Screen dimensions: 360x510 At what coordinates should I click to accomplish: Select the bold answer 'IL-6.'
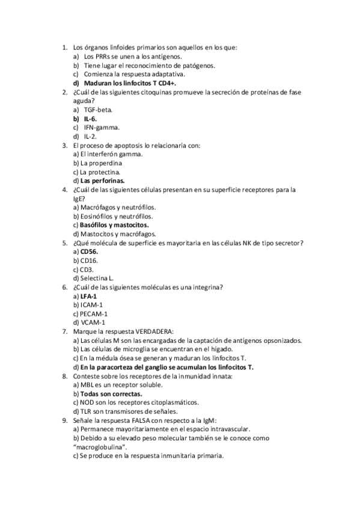click(90, 119)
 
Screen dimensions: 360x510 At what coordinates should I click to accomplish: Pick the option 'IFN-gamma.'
click(101, 127)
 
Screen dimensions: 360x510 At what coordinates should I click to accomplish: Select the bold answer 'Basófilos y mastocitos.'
click(114, 225)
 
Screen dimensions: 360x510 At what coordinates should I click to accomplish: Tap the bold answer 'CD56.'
click(90, 251)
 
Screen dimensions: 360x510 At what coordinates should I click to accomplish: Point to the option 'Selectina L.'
click(97, 278)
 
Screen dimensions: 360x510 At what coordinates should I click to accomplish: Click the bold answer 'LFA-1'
click(88, 296)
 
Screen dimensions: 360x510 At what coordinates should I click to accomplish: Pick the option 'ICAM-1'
click(91, 305)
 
